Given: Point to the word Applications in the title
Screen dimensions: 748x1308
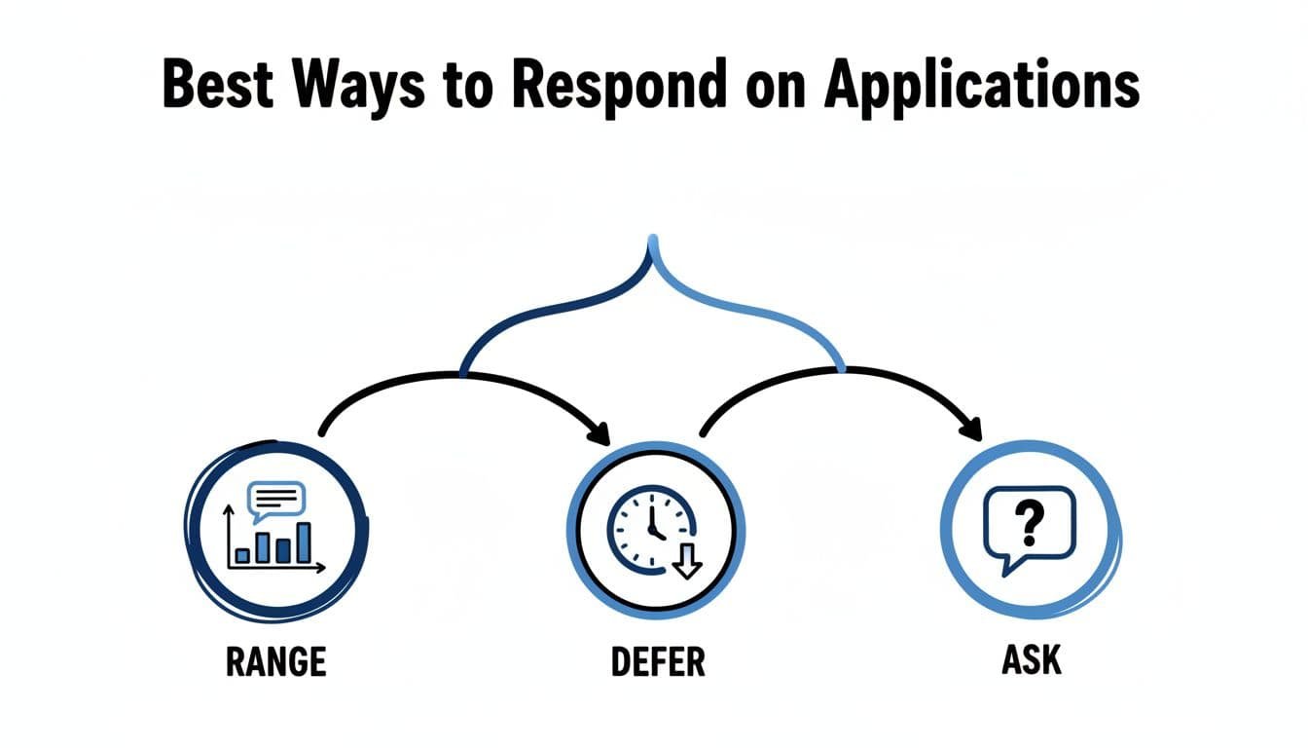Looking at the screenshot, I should tap(982, 86).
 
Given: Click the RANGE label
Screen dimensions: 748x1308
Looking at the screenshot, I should tap(275, 662).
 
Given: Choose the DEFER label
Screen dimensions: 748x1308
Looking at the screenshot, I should tap(657, 662).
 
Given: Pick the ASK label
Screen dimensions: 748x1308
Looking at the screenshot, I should tap(1031, 661).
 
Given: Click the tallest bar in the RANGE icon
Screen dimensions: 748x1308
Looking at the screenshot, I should tap(304, 542).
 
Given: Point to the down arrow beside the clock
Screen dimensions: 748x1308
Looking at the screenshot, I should tap(687, 562).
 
